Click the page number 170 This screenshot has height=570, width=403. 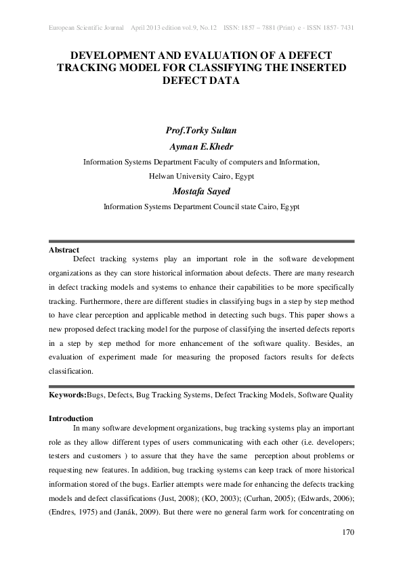coord(345,533)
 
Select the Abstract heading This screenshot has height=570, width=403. coord(64,250)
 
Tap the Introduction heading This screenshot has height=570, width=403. coord(71,418)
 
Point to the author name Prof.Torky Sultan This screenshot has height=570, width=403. coord(201,130)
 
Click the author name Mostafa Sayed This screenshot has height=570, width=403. coord(201,191)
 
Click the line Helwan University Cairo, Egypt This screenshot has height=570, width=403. coord(201,176)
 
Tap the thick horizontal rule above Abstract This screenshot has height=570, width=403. coord(201,242)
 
